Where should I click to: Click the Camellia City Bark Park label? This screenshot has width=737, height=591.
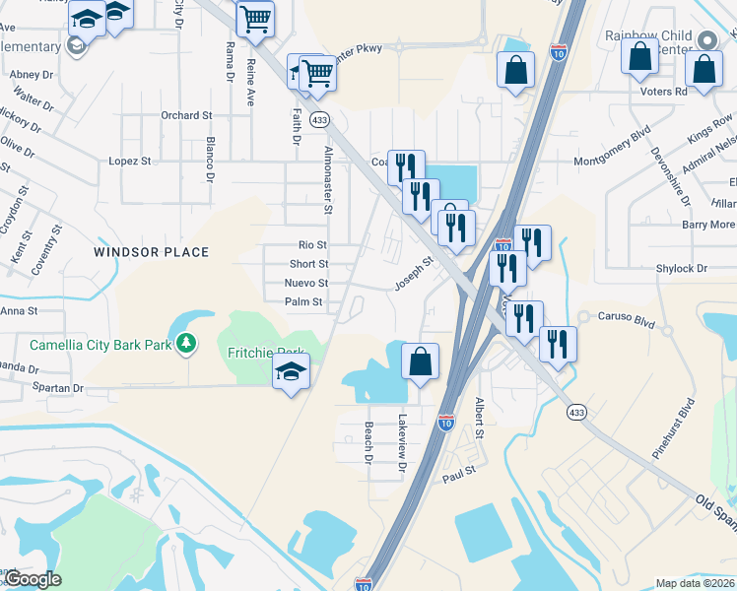pos(100,345)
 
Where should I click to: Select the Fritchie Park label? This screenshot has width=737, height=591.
pos(266,353)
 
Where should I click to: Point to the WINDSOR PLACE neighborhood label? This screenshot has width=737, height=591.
pos(151,252)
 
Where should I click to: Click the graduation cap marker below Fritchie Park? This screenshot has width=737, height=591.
pos(291,372)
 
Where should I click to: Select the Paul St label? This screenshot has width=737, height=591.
pos(459,472)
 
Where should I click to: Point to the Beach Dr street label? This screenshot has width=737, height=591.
pos(368,442)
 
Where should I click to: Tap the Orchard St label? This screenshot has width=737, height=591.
pos(186,115)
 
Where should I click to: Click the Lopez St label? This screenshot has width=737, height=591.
pos(129,161)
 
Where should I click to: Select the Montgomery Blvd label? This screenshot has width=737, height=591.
pos(613,141)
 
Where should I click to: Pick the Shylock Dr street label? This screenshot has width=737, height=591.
pos(682,268)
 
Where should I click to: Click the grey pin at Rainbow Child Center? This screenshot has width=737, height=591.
pos(706,39)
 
